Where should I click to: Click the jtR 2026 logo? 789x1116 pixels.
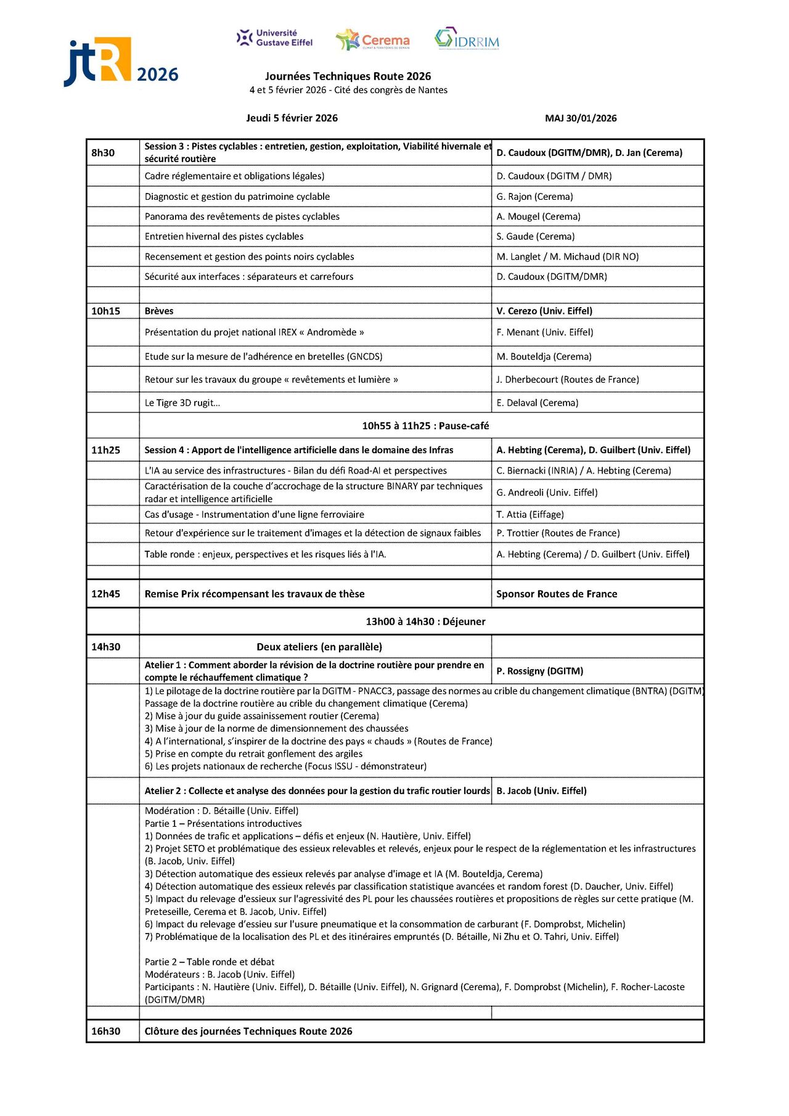tap(121, 62)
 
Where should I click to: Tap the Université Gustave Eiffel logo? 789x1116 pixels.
tap(275, 38)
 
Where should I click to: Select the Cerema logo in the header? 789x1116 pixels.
tap(373, 40)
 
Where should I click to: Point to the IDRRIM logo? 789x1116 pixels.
tap(467, 39)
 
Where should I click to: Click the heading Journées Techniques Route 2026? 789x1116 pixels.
tap(348, 76)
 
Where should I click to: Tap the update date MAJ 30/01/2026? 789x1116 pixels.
tap(581, 118)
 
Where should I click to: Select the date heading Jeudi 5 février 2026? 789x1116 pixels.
tap(292, 118)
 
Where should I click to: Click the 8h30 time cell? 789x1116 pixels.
tap(103, 153)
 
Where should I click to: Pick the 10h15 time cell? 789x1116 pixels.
tap(105, 311)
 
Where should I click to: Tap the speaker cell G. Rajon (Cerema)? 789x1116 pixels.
tap(534, 197)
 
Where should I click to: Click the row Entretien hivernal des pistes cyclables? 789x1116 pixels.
tap(224, 237)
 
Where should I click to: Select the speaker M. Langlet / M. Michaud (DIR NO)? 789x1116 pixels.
tap(567, 256)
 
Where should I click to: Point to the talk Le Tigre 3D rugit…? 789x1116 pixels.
tap(182, 403)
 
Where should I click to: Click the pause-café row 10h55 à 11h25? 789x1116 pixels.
tap(425, 426)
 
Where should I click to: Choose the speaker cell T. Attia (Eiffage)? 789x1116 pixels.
tap(530, 515)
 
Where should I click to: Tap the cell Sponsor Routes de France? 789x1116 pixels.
tap(557, 594)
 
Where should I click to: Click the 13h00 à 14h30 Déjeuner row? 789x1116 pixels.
tap(425, 622)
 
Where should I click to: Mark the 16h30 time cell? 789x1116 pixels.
tap(106, 1032)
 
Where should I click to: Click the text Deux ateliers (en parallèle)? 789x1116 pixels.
tap(319, 647)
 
